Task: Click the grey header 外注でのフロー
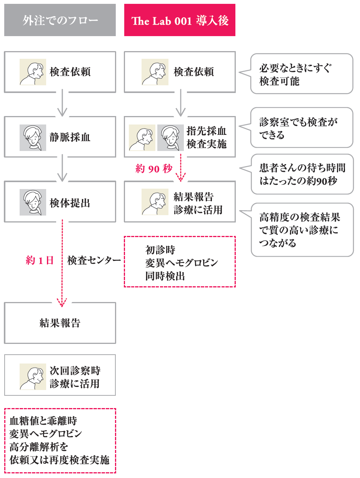click(x=60, y=20)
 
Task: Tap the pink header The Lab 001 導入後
click(x=180, y=20)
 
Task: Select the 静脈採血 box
click(x=60, y=137)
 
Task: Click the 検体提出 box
click(x=60, y=202)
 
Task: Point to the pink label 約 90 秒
click(x=154, y=169)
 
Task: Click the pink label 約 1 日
click(x=40, y=261)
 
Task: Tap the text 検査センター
click(x=94, y=261)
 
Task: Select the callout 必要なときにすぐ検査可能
click(x=302, y=74)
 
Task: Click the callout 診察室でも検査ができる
click(x=302, y=128)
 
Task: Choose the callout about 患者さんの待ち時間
click(x=302, y=174)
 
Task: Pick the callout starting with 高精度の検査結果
click(x=302, y=230)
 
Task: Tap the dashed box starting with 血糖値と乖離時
click(x=60, y=440)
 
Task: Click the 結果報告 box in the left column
click(x=60, y=323)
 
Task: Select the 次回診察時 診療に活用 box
click(x=60, y=375)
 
